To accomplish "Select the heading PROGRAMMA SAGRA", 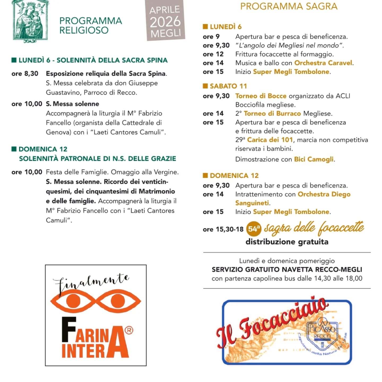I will [x=289, y=6].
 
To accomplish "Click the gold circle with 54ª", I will [x=254, y=229].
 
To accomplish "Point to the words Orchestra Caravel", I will [x=323, y=63].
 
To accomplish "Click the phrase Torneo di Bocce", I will [x=261, y=96].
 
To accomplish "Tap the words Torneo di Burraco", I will [x=272, y=114].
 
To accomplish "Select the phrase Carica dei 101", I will [x=270, y=140].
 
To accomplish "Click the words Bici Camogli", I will [x=314, y=159].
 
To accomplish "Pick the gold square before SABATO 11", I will [x=205, y=86].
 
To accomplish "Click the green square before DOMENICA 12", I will [x=14, y=149].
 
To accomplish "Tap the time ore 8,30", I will [x=25, y=73].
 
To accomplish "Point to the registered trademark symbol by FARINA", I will [x=129, y=330].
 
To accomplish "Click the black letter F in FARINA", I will [x=69, y=329].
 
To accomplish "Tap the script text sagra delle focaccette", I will [x=314, y=228].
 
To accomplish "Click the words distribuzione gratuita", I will [x=287, y=242].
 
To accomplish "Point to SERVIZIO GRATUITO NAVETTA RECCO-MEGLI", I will [x=287, y=270].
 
